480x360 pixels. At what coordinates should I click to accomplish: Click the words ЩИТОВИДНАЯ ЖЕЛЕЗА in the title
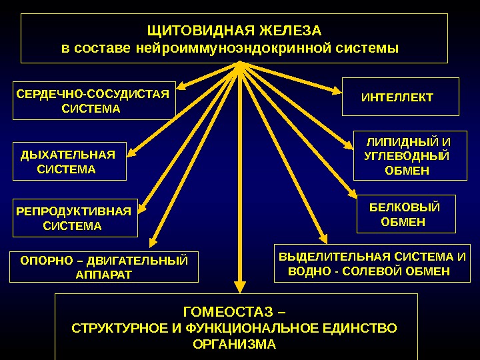[x=233, y=31]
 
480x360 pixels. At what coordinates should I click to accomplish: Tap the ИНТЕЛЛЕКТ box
[x=397, y=98]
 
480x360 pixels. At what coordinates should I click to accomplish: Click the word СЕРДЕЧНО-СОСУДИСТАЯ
[x=93, y=93]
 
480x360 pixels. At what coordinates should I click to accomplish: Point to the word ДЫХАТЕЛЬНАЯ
[x=68, y=155]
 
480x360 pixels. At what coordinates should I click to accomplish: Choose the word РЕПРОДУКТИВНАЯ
[x=73, y=211]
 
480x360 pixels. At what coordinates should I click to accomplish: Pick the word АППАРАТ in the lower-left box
[x=105, y=274]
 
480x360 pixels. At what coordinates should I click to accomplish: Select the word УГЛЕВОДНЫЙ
[x=407, y=156]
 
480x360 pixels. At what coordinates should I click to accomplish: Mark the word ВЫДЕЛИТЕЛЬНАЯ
[x=335, y=257]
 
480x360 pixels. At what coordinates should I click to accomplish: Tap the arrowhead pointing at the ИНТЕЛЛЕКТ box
[x=337, y=90]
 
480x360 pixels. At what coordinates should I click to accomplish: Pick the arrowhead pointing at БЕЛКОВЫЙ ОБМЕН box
[x=353, y=195]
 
